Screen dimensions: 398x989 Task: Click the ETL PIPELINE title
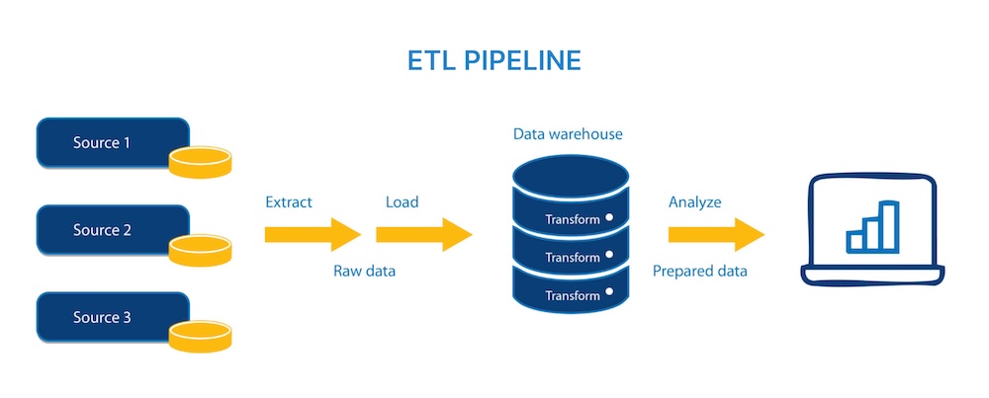(494, 61)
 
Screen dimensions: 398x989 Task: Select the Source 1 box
(102, 143)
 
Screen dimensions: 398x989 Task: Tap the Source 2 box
(102, 230)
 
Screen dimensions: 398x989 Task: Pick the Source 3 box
(102, 317)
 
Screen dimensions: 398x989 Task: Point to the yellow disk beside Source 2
(200, 249)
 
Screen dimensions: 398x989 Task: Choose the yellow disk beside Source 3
(200, 336)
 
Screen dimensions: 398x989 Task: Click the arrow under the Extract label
(313, 235)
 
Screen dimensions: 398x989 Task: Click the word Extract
(289, 202)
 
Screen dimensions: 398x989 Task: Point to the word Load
(402, 202)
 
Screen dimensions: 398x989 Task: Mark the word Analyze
(694, 202)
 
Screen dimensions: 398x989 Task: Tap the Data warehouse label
(568, 133)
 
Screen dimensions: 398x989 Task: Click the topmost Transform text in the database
(573, 219)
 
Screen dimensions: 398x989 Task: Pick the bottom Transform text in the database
(573, 295)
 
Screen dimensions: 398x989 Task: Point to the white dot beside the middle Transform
(610, 255)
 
